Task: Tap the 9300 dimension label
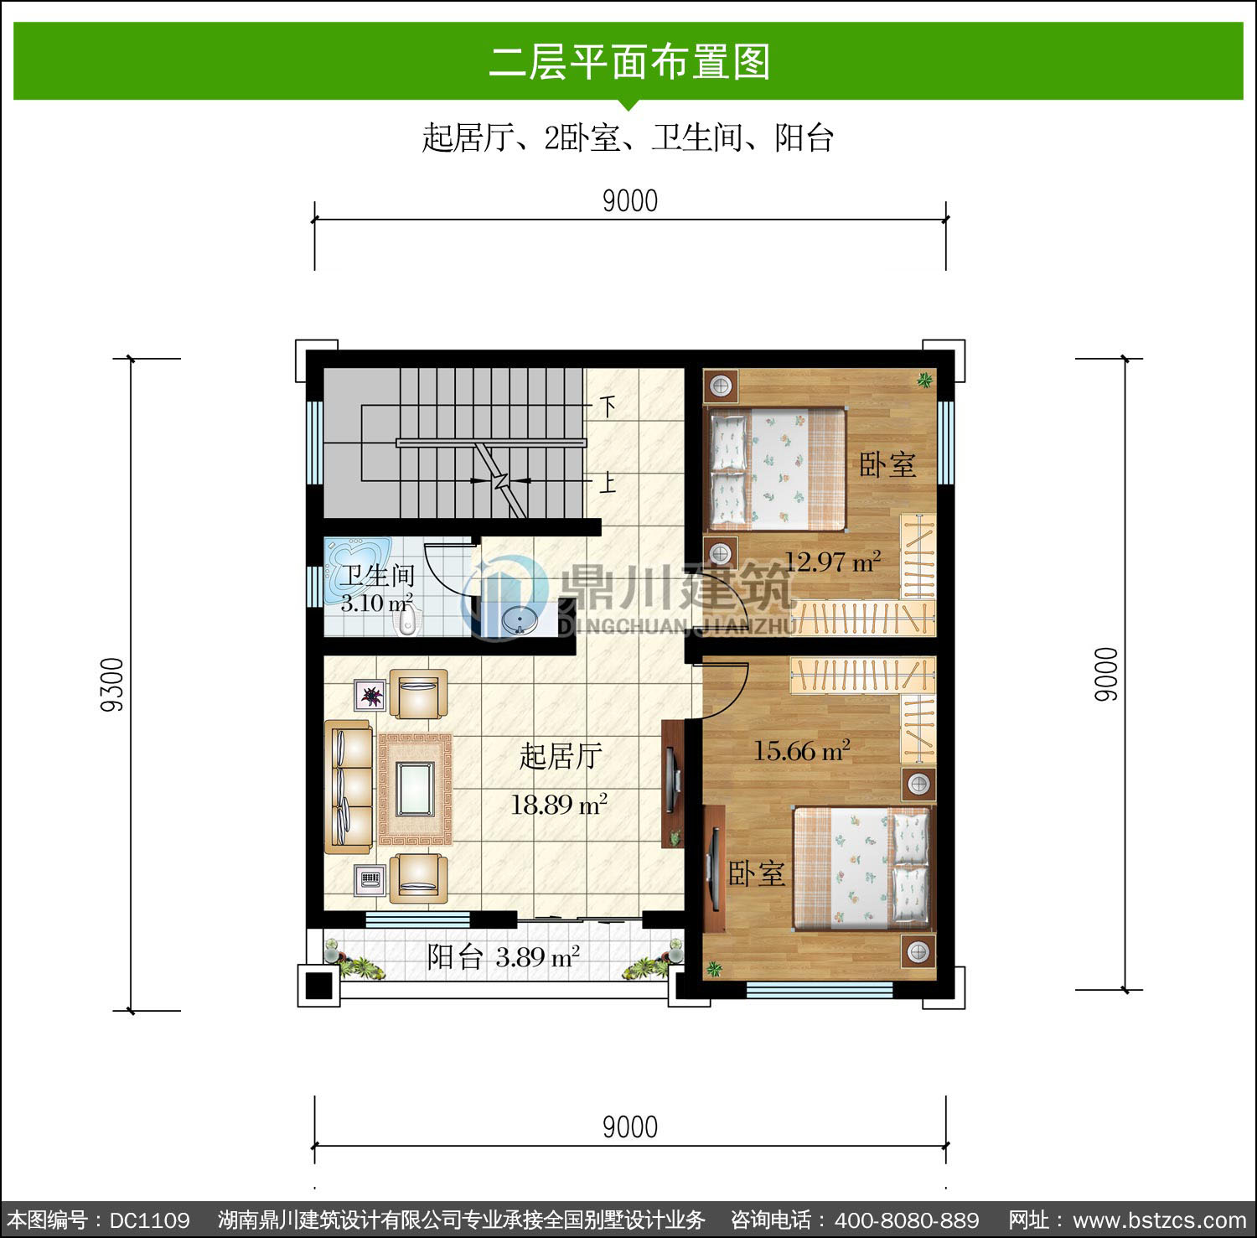pyautogui.click(x=112, y=685)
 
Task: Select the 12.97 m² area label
pyautogui.click(x=832, y=562)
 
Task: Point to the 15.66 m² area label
pyautogui.click(x=801, y=750)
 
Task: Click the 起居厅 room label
pyautogui.click(x=561, y=756)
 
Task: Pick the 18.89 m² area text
pyautogui.click(x=559, y=805)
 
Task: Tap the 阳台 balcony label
pyautogui.click(x=455, y=956)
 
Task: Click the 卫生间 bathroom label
pyautogui.click(x=377, y=576)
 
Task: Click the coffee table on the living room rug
pyautogui.click(x=416, y=789)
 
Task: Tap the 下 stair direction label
pyautogui.click(x=608, y=407)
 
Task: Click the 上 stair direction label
pyautogui.click(x=608, y=481)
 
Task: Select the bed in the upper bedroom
pyautogui.click(x=777, y=469)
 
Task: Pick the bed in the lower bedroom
pyautogui.click(x=862, y=868)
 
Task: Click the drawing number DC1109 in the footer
pyautogui.click(x=150, y=1220)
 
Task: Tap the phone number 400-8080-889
pyautogui.click(x=907, y=1220)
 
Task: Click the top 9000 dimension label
pyautogui.click(x=630, y=201)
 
